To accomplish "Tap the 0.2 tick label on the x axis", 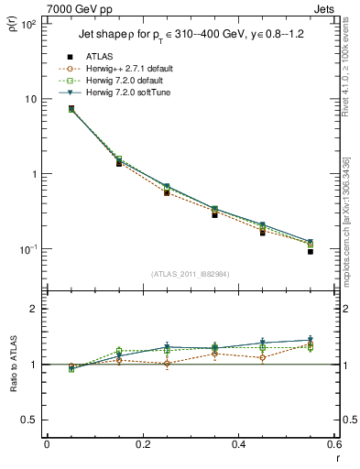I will pyautogui.click(x=142, y=445).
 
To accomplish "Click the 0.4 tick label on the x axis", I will pyautogui.click(x=238, y=445).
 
